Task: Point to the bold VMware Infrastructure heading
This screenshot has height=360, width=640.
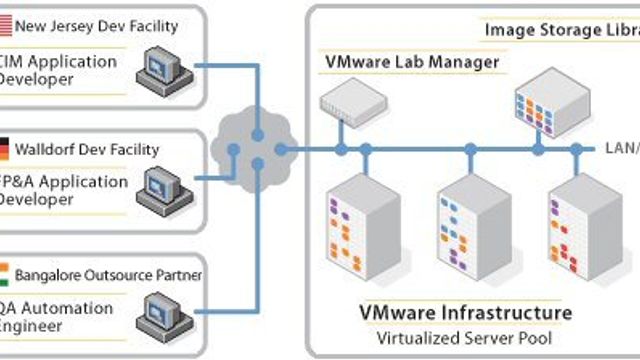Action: click(x=465, y=313)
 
